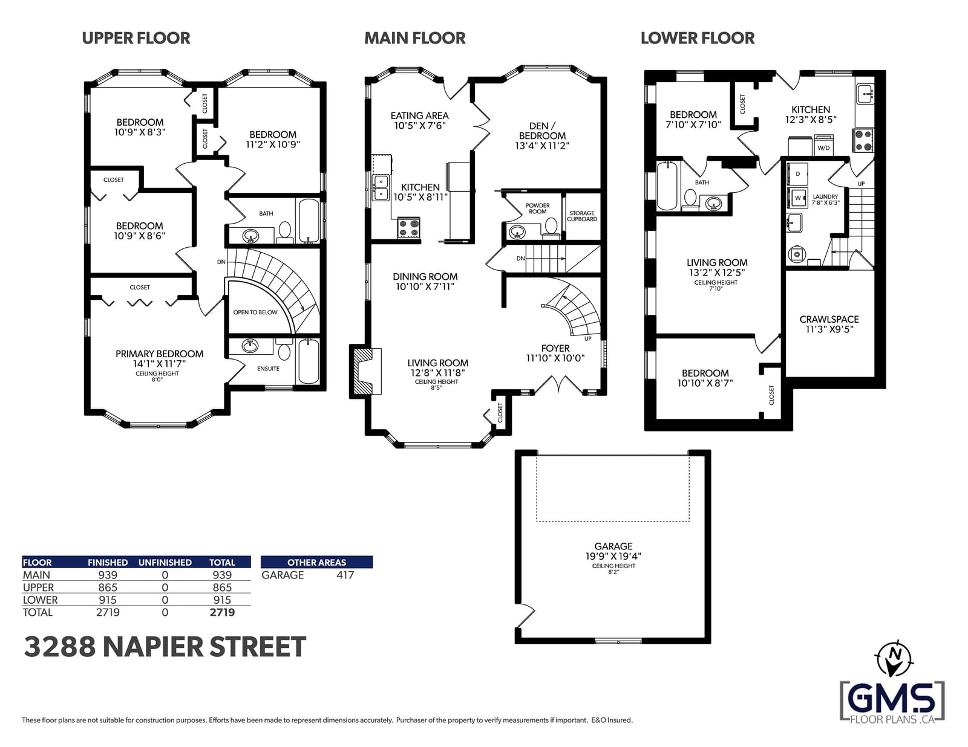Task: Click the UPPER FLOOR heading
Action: (x=136, y=38)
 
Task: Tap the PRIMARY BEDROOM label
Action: (x=160, y=354)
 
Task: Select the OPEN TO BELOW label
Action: (x=255, y=312)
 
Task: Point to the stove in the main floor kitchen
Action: (x=408, y=228)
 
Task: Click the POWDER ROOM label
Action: (x=538, y=209)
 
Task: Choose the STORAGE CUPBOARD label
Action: (x=582, y=216)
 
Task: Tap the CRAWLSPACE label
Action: (x=829, y=320)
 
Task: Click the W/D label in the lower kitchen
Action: (x=823, y=148)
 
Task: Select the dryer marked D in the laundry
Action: (x=797, y=174)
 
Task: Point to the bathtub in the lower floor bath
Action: (x=667, y=186)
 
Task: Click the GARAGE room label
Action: (x=613, y=546)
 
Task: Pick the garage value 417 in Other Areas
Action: (x=345, y=575)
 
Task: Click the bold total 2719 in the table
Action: (x=222, y=612)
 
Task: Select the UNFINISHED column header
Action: (x=165, y=562)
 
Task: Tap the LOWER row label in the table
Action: (x=40, y=600)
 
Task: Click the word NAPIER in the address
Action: (x=152, y=647)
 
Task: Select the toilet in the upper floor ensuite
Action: (x=284, y=350)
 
